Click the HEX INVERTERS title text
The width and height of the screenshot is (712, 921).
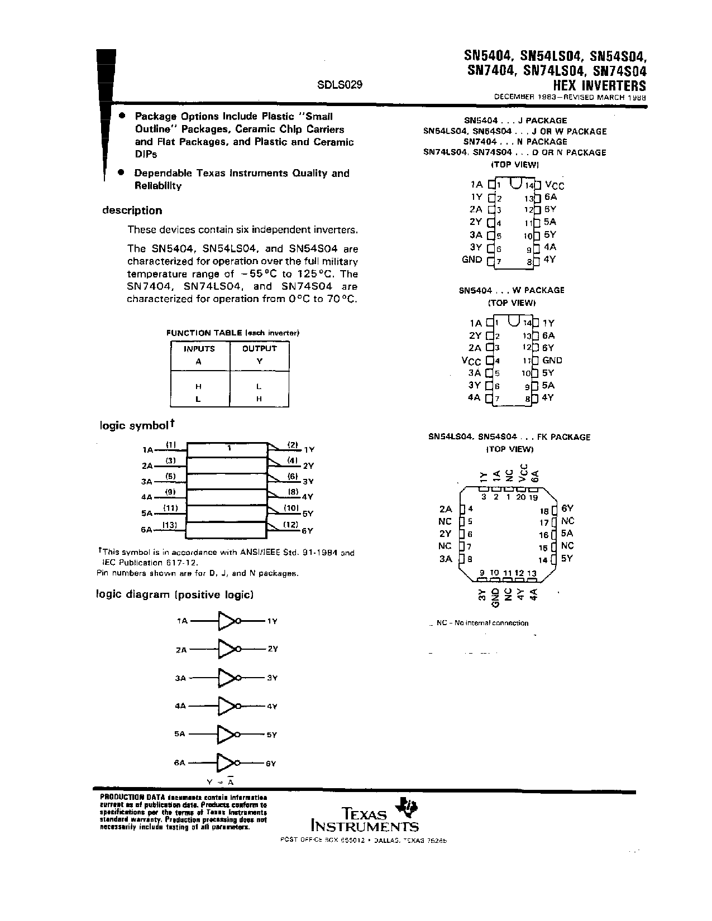pos(599,86)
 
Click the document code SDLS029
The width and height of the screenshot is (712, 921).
pos(340,85)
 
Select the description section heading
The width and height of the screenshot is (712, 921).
pos(132,210)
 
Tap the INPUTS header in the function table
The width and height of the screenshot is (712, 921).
pos(199,348)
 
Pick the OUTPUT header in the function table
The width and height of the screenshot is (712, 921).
pos(259,348)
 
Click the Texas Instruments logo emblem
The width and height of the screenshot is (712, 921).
pos(406,808)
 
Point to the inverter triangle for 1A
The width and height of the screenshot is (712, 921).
pos(227,621)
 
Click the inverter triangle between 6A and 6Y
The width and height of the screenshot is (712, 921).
pos(226,763)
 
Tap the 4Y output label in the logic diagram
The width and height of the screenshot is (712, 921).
pos(272,706)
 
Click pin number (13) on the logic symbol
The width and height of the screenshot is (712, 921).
pos(170,524)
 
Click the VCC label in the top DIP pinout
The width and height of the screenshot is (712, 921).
pos(555,185)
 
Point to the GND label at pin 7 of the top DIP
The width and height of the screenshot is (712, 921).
pos(472,260)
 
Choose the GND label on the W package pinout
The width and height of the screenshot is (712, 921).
pos(552,361)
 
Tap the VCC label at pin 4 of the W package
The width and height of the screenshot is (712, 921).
pos(471,361)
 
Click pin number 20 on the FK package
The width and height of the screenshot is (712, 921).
pos(520,497)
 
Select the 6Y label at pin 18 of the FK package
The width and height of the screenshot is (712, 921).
pos(567,509)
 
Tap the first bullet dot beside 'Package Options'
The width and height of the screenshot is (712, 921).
pos(121,116)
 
